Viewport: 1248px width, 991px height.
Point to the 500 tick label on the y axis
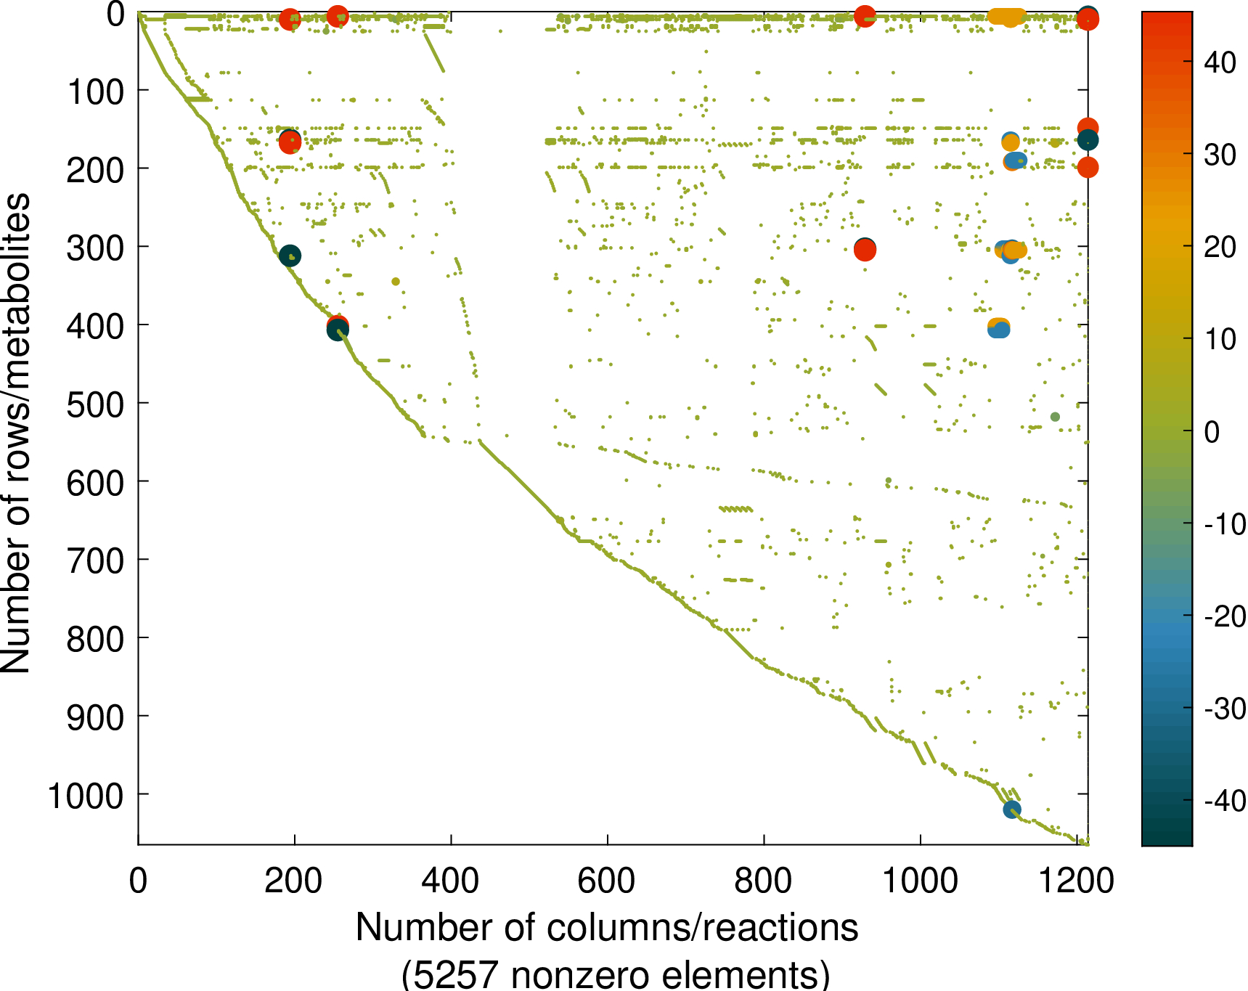click(x=95, y=404)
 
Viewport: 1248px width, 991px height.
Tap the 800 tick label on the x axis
click(x=763, y=881)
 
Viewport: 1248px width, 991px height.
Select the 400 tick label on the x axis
click(x=450, y=881)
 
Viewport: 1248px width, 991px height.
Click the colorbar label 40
click(x=1220, y=62)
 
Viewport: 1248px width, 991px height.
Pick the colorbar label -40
click(x=1225, y=802)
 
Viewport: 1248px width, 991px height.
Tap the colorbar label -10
click(x=1225, y=524)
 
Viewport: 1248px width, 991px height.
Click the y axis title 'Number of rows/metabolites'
click(x=16, y=433)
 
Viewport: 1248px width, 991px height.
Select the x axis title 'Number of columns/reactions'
click(x=607, y=928)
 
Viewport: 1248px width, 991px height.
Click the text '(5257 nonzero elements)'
click(x=615, y=974)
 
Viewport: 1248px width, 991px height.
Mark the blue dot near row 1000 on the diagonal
click(x=1011, y=809)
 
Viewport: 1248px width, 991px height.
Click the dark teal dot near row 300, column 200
click(x=290, y=256)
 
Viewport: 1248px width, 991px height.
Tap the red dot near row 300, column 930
click(x=865, y=250)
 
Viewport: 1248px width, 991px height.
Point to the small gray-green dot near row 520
click(x=1055, y=417)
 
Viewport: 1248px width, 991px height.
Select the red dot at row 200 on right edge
click(x=1087, y=168)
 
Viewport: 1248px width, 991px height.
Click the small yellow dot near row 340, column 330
click(x=396, y=282)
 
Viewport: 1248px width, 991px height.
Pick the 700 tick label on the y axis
click(x=95, y=561)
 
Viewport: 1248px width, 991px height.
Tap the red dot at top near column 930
click(x=864, y=16)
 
